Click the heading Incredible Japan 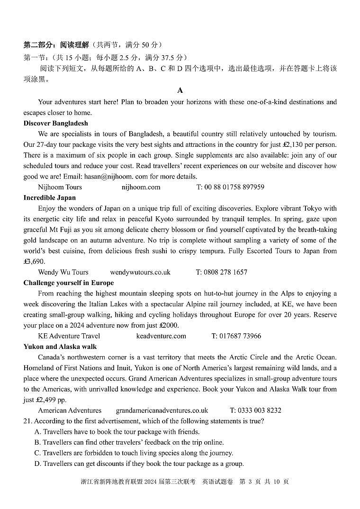[x=49, y=197]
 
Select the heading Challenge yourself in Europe [x=69, y=283]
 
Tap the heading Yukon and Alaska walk [x=60, y=347]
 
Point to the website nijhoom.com [x=141, y=187]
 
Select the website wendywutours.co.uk [x=140, y=272]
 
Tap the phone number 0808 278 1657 [x=226, y=272]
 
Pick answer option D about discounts [x=139, y=464]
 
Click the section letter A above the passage [x=180, y=90]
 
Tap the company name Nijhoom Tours [x=60, y=187]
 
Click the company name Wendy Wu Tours [x=63, y=272]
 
